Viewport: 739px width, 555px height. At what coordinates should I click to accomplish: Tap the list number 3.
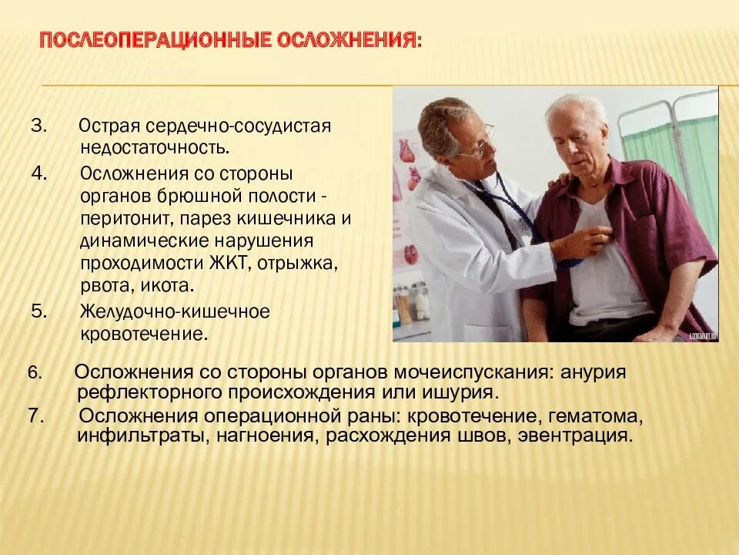[x=38, y=126]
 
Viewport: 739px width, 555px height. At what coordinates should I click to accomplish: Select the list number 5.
[x=39, y=311]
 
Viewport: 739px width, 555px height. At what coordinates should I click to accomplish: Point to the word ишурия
[x=458, y=392]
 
